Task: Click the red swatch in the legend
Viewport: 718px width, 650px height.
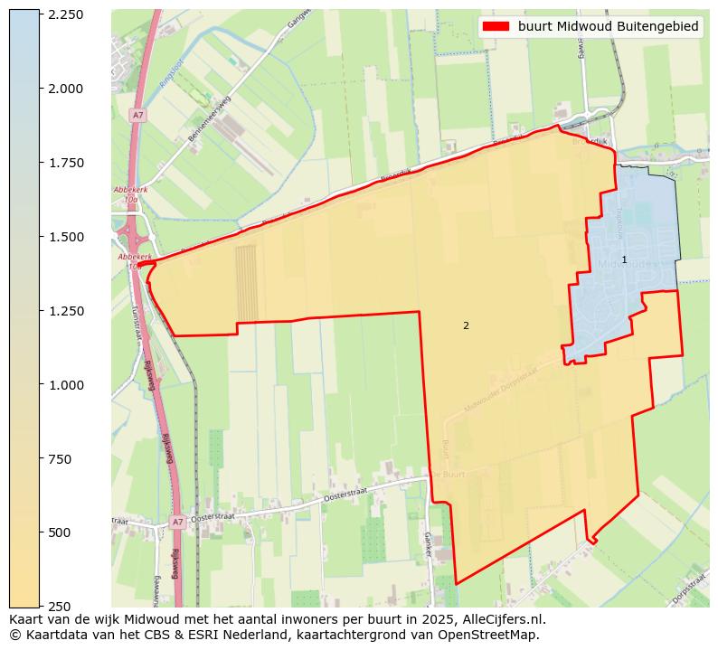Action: click(x=496, y=27)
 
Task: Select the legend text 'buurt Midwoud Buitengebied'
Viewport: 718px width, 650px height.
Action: click(x=608, y=27)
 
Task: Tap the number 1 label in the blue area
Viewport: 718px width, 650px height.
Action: click(x=624, y=259)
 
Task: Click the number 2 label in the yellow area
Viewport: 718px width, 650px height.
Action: click(x=466, y=325)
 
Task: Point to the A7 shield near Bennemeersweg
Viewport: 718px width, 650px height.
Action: click(x=137, y=116)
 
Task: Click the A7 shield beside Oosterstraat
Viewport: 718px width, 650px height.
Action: click(x=177, y=523)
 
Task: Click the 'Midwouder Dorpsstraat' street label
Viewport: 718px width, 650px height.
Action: click(x=501, y=390)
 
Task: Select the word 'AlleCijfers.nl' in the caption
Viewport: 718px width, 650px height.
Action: click(x=502, y=620)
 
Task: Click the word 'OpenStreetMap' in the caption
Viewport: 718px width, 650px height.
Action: click(x=495, y=635)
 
